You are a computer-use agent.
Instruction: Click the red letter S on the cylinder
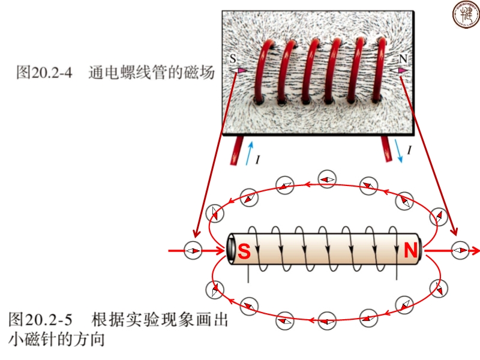click(x=244, y=252)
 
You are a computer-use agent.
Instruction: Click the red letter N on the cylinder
click(x=410, y=251)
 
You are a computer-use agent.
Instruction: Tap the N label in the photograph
click(x=403, y=59)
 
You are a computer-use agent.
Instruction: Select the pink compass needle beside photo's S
click(x=240, y=71)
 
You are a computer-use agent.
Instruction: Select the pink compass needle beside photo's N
click(x=401, y=71)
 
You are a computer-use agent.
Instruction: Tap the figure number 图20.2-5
click(x=37, y=319)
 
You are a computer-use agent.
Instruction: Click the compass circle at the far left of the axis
click(x=193, y=250)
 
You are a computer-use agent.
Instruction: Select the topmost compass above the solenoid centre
click(x=327, y=179)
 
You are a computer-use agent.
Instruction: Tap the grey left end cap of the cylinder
click(x=231, y=250)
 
